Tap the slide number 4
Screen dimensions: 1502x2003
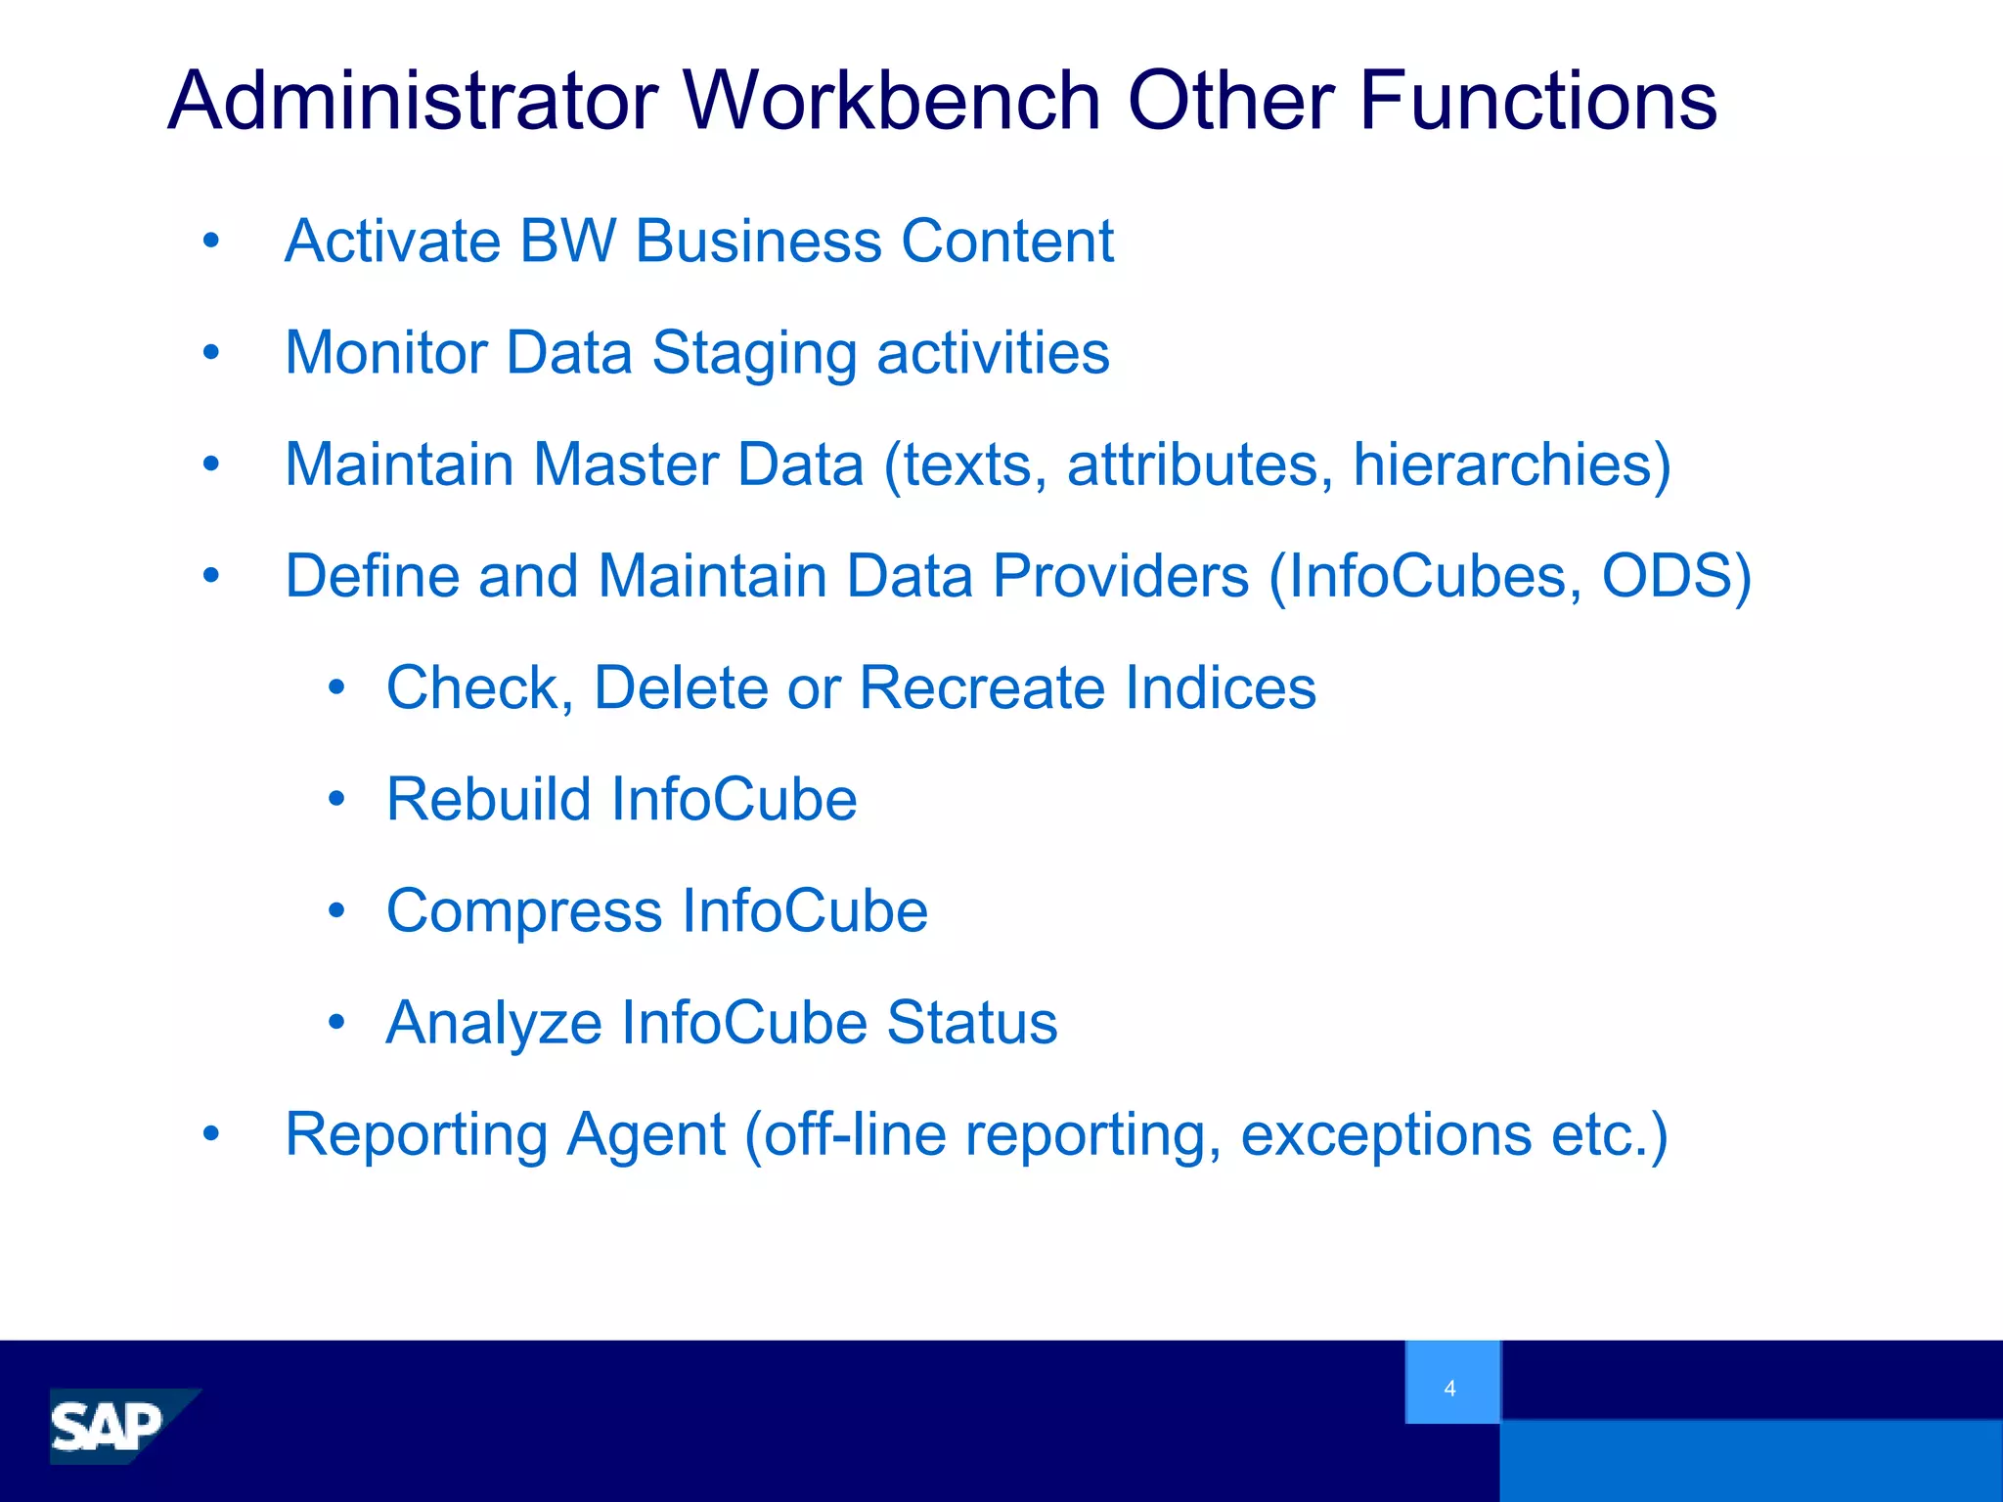(1449, 1388)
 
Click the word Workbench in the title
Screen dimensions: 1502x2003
(892, 101)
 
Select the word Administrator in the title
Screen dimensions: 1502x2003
(413, 101)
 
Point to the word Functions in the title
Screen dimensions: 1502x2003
(1537, 101)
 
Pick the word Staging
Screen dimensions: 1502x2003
(754, 354)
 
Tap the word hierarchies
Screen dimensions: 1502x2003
(1510, 464)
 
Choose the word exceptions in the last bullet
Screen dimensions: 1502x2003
(1386, 1135)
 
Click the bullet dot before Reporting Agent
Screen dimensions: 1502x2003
(211, 1134)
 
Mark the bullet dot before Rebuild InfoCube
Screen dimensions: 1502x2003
(336, 800)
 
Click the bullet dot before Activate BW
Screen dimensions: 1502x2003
(211, 241)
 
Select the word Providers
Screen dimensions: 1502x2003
(1121, 576)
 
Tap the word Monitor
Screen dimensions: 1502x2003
(385, 352)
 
